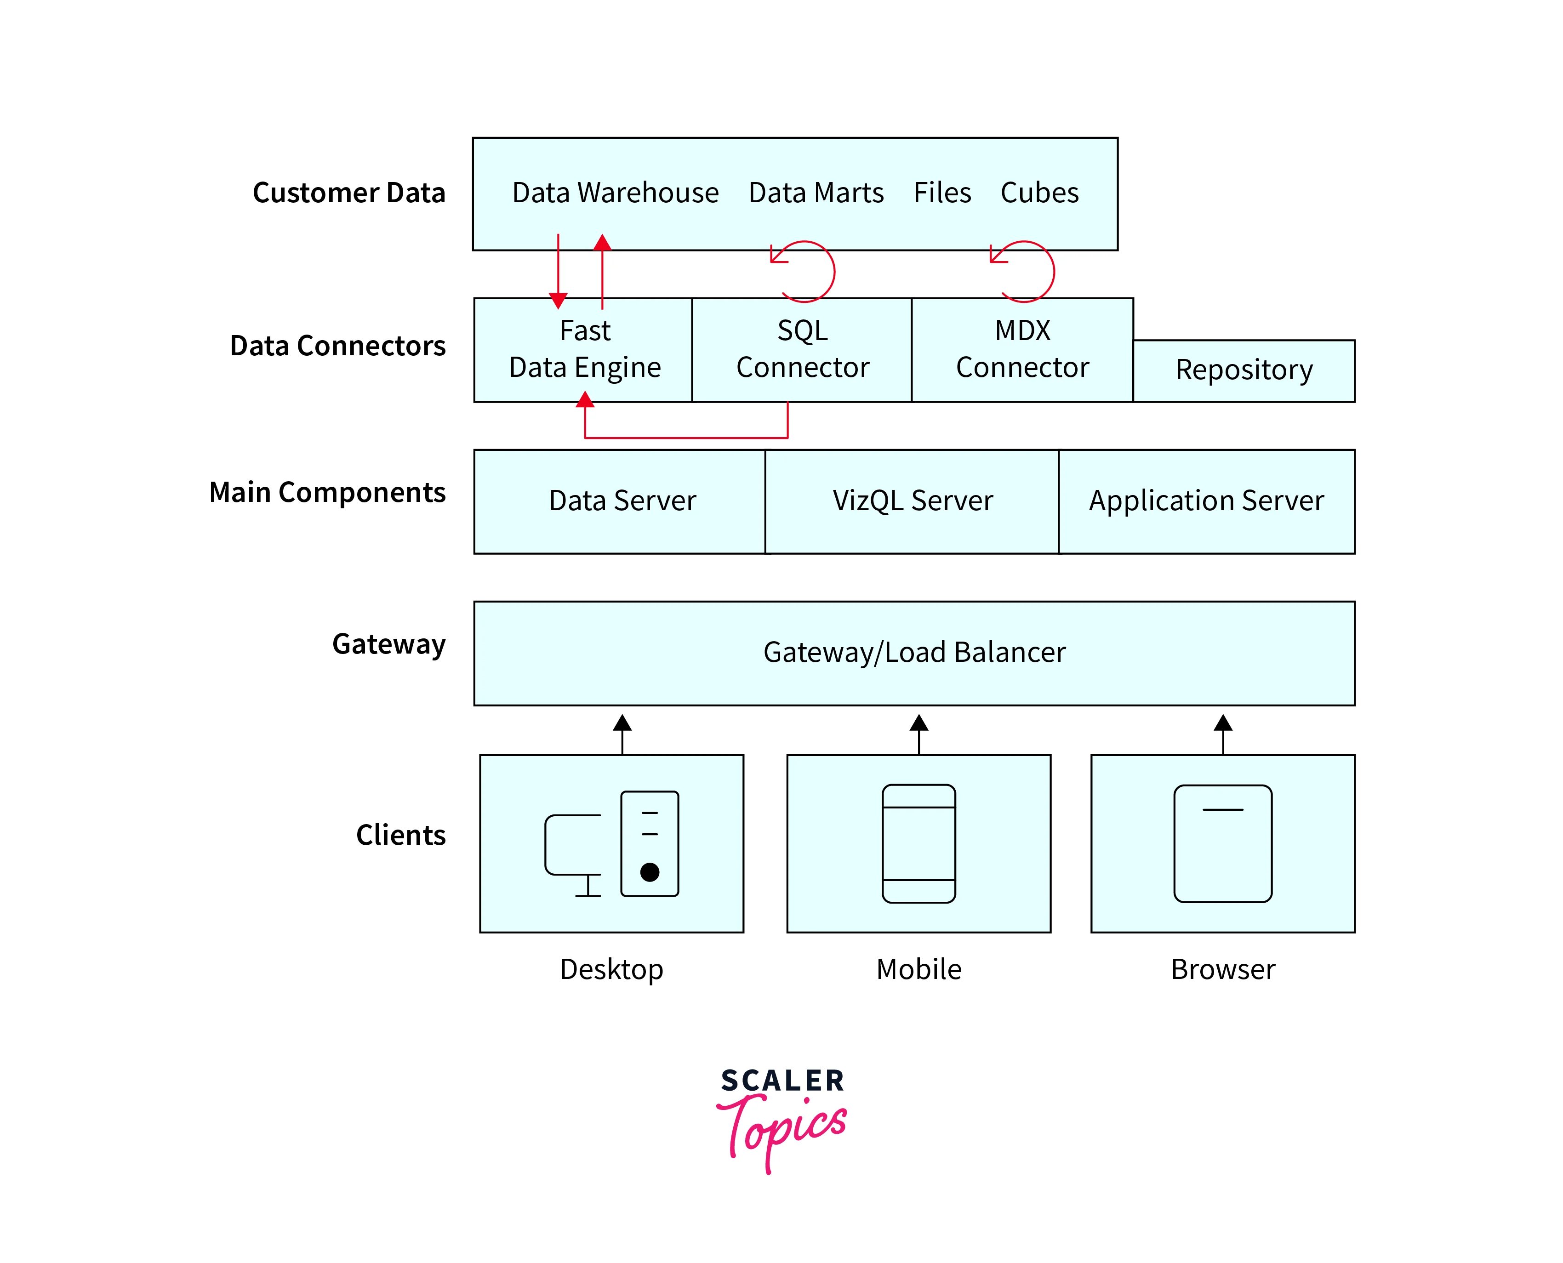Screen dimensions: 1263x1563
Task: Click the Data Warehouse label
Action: (x=615, y=193)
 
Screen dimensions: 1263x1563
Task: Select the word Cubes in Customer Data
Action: (x=1039, y=193)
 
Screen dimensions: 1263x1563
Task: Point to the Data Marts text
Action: (x=816, y=193)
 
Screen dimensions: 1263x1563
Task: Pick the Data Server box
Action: (x=622, y=501)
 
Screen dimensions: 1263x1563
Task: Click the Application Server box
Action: (x=1206, y=501)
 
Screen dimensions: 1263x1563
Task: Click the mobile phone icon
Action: (x=918, y=843)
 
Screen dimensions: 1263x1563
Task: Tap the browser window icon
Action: (x=1222, y=843)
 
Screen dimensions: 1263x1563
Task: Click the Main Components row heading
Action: (x=327, y=493)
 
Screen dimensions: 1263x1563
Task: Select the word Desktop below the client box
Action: (x=611, y=969)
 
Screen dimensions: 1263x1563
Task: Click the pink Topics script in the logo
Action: (x=782, y=1128)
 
